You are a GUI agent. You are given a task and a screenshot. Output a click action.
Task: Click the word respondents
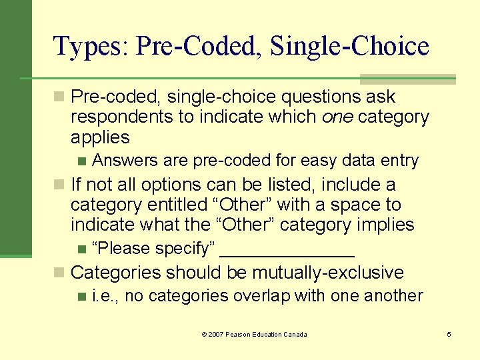pyautogui.click(x=126, y=117)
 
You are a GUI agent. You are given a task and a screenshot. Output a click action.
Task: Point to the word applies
pyautogui.click(x=100, y=137)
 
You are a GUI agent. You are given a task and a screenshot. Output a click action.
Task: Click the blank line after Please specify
pyautogui.click(x=287, y=252)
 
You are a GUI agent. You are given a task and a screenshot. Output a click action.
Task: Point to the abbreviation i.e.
pyautogui.click(x=105, y=295)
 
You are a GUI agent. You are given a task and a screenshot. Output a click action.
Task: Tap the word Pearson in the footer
pyautogui.click(x=240, y=334)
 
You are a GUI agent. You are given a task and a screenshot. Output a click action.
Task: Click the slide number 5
pyautogui.click(x=449, y=334)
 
